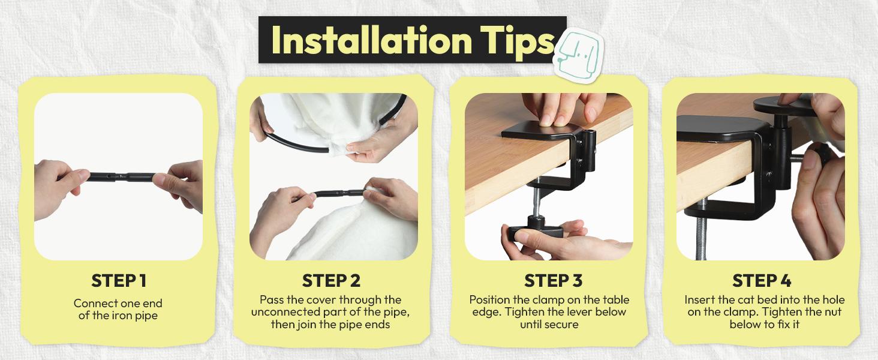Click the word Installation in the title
(x=372, y=40)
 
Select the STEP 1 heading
(x=118, y=281)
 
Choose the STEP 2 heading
(x=331, y=281)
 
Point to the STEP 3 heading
(x=553, y=281)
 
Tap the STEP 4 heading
(x=762, y=281)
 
